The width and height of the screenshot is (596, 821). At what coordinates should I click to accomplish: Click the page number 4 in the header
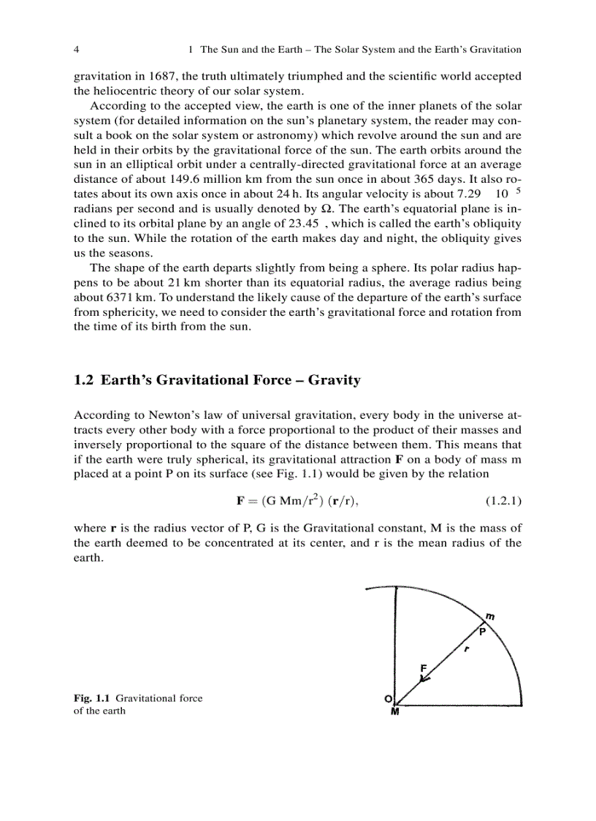tap(77, 50)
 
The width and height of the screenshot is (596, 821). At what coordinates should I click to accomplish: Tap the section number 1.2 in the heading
tap(84, 380)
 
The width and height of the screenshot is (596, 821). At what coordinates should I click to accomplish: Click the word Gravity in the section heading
tap(334, 380)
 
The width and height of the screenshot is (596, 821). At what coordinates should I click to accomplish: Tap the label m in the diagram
tap(490, 616)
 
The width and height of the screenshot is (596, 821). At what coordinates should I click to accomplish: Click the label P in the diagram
tap(482, 631)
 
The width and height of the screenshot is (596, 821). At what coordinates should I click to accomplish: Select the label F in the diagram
tap(424, 667)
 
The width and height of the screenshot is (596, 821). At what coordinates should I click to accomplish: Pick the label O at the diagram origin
tap(388, 699)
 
